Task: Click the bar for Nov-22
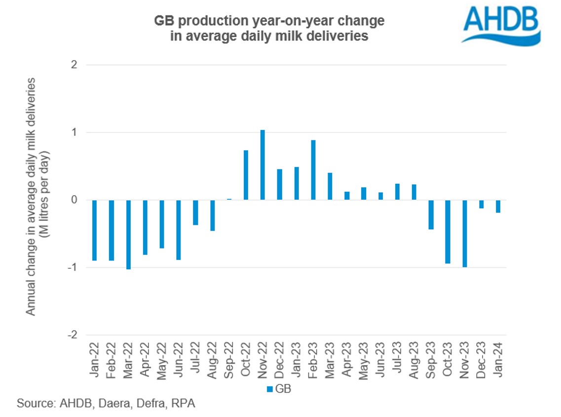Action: click(x=262, y=165)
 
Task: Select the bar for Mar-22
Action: click(x=128, y=234)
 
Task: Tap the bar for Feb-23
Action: click(x=313, y=170)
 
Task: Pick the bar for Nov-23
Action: click(x=464, y=233)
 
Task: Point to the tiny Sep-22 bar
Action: click(x=229, y=199)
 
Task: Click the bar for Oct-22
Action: click(x=246, y=175)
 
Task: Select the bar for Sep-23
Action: click(x=431, y=214)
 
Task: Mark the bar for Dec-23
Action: click(x=481, y=204)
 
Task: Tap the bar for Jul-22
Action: click(x=195, y=212)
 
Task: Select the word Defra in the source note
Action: click(x=153, y=404)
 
